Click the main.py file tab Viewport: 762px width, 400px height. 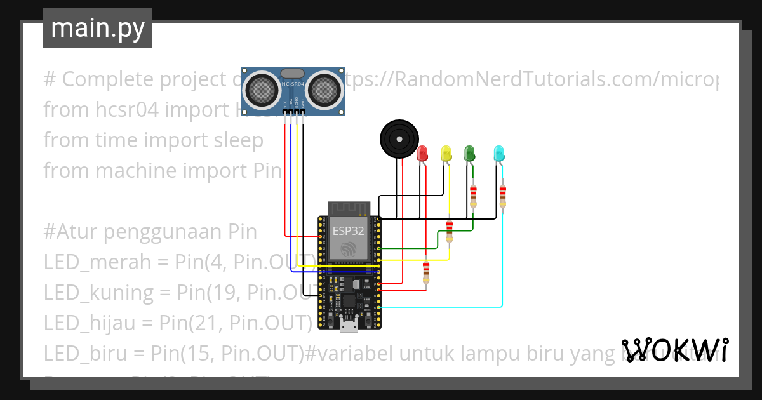coord(97,29)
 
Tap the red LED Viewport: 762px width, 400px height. coord(423,153)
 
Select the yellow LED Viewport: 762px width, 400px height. coord(446,153)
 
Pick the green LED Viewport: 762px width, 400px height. coord(469,153)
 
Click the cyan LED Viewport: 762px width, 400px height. coord(499,153)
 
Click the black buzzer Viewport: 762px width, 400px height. coord(399,138)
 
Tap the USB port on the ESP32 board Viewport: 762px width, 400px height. coord(348,326)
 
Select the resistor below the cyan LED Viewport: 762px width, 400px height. coord(503,196)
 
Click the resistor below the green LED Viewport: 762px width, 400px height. coord(473,196)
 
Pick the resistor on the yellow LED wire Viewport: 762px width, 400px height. coord(450,231)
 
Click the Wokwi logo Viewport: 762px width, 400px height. coord(674,350)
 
